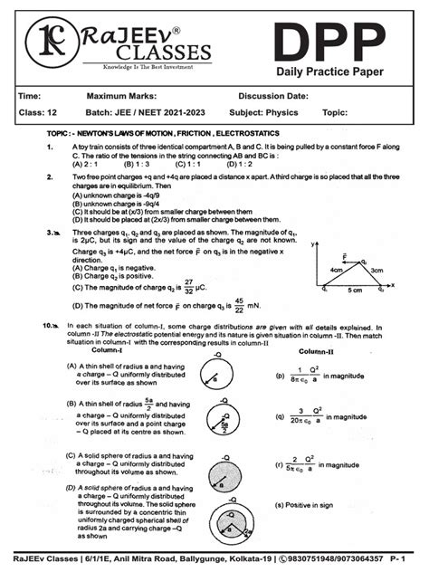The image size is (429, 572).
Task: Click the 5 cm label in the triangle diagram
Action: tap(358, 291)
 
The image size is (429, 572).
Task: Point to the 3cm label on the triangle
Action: tap(378, 270)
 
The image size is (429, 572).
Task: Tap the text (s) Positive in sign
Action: tap(313, 503)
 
